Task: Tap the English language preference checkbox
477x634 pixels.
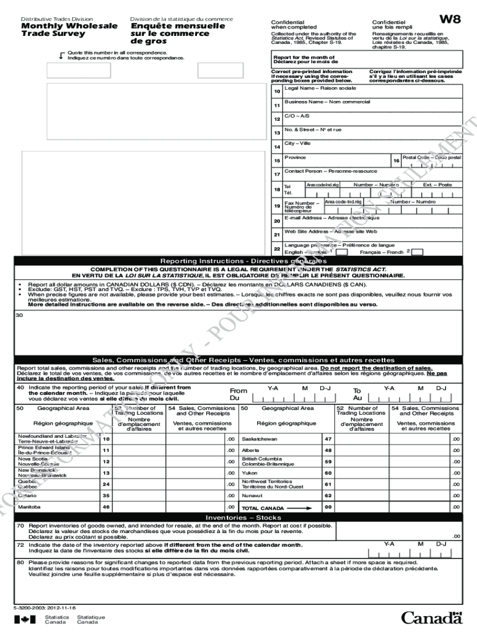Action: (x=341, y=252)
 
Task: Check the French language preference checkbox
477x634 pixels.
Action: (x=418, y=252)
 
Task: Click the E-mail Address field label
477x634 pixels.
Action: (x=331, y=218)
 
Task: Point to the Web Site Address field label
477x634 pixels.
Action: (x=330, y=232)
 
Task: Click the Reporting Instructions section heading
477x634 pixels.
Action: (x=239, y=261)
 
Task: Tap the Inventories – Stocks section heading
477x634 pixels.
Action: (x=239, y=517)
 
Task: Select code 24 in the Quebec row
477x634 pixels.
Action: (x=106, y=484)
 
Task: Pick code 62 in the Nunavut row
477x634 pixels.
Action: (x=328, y=496)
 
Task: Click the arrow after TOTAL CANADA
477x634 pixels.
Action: (x=301, y=508)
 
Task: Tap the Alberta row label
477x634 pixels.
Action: (x=250, y=450)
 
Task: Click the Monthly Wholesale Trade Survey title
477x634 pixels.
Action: (x=69, y=30)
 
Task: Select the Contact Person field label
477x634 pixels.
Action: (x=330, y=171)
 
